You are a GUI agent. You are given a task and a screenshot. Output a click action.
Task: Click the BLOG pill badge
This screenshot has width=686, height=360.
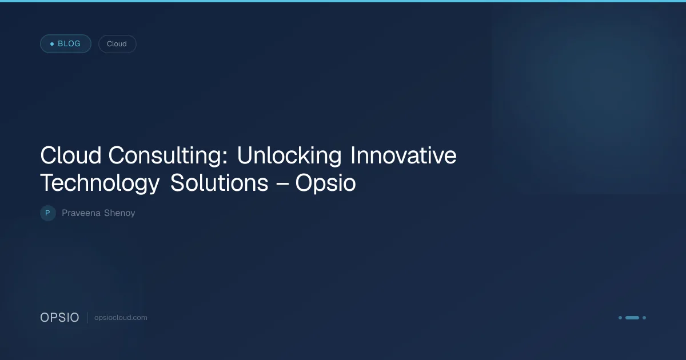tap(66, 44)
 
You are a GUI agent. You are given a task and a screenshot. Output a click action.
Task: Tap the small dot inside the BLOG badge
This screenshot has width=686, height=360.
tap(52, 44)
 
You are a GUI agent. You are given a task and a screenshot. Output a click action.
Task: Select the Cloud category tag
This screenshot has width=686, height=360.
tap(117, 44)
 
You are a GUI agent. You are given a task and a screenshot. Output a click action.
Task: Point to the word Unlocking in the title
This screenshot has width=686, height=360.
tap(289, 155)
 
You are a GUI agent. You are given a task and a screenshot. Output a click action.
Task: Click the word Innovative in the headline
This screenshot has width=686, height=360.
tap(404, 155)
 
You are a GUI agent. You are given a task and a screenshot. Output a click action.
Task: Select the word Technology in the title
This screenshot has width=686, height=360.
tap(100, 183)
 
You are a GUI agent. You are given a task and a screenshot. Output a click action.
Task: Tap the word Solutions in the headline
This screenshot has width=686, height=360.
tap(220, 183)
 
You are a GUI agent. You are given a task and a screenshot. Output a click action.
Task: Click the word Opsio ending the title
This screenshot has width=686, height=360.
tap(325, 183)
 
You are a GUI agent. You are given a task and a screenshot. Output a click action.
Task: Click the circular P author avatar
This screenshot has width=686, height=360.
tap(48, 213)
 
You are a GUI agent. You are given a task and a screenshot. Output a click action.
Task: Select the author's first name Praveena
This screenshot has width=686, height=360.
tap(81, 213)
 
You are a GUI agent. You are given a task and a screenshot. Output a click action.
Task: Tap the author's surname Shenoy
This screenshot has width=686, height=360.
tap(119, 213)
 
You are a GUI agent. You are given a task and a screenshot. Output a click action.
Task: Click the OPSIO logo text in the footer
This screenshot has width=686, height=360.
tap(59, 318)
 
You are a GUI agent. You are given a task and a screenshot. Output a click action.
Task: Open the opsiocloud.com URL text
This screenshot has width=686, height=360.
tap(121, 318)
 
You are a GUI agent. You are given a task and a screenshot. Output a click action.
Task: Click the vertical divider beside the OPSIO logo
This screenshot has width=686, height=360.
tap(87, 318)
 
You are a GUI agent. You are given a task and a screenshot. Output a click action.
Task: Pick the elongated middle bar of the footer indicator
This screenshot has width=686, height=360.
tap(632, 318)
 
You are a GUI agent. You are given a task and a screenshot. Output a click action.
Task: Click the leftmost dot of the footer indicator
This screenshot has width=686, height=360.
tap(620, 318)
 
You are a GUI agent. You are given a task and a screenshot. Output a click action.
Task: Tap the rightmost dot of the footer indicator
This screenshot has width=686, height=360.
tap(644, 318)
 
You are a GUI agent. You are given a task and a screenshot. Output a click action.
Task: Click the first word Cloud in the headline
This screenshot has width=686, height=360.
tap(71, 155)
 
